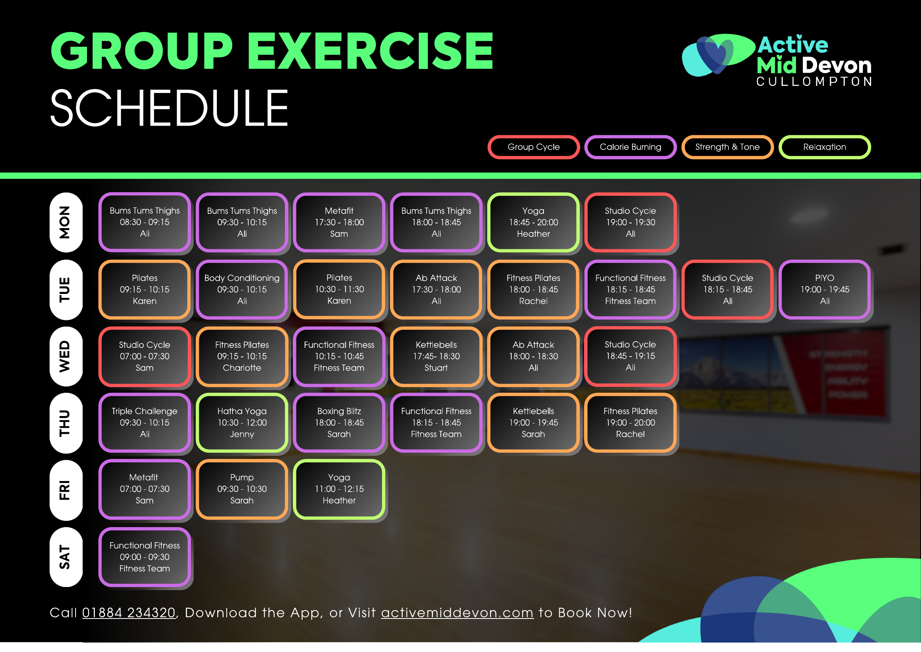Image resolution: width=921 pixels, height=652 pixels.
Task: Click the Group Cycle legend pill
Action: [x=533, y=147]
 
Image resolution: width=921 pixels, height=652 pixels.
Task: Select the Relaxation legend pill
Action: [x=825, y=147]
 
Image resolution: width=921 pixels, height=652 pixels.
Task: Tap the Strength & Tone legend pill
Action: [x=727, y=147]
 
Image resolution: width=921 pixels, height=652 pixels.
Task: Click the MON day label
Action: [x=66, y=223]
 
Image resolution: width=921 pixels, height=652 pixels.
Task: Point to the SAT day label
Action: [x=66, y=557]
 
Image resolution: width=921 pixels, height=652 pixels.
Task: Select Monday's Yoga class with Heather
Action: [x=533, y=223]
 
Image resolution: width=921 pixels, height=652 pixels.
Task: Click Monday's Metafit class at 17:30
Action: [x=339, y=223]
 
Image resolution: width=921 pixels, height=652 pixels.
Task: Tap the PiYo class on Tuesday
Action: [x=825, y=290]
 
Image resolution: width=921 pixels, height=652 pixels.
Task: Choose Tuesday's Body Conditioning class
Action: [x=242, y=290]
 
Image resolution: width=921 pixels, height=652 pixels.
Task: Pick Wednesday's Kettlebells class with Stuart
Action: [x=436, y=357]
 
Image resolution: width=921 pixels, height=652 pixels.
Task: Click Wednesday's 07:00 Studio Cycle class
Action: [x=145, y=357]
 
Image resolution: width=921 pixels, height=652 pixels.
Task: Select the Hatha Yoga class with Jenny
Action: [x=242, y=423]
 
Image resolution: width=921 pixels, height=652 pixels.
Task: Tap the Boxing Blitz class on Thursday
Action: [x=339, y=423]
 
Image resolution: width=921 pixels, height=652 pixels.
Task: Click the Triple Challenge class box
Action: [x=145, y=423]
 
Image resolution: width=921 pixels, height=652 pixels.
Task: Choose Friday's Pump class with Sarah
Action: [x=242, y=489]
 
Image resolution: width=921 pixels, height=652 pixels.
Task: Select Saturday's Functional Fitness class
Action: [x=145, y=557]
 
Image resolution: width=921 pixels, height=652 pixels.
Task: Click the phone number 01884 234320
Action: [x=129, y=613]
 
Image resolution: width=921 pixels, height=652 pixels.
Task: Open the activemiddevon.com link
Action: [x=457, y=613]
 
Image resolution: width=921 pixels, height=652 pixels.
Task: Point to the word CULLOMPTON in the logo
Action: [x=814, y=82]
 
